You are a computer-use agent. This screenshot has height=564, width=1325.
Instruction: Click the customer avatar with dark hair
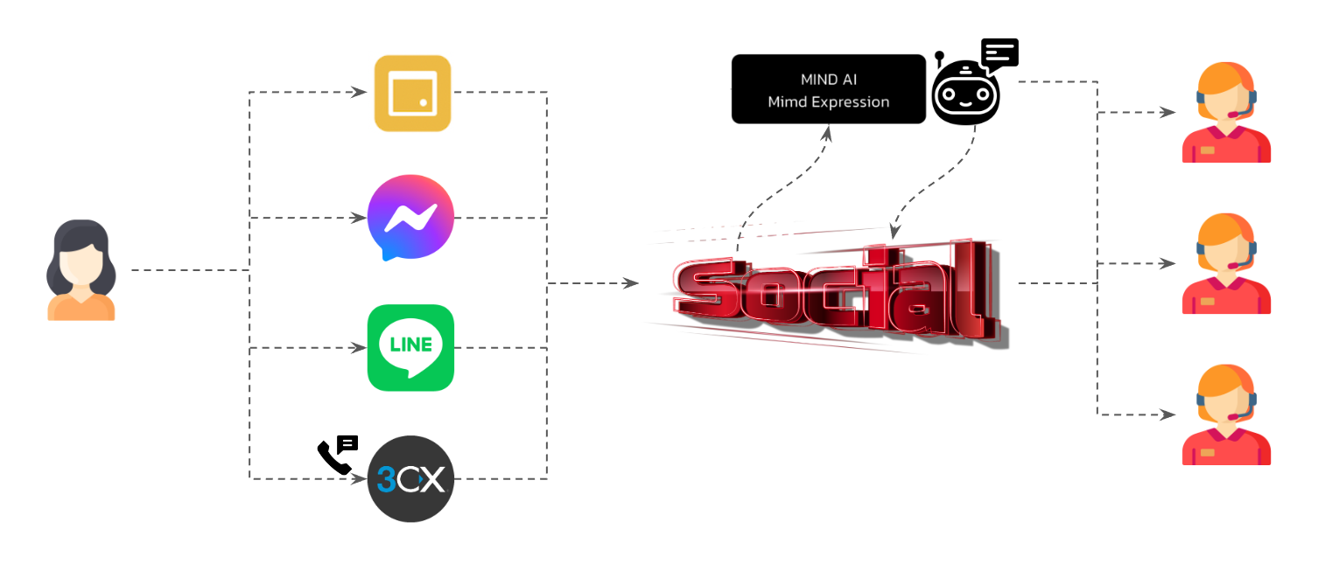click(x=81, y=270)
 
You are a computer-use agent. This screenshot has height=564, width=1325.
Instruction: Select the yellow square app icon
click(x=412, y=94)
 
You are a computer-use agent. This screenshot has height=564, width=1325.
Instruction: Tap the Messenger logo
click(x=410, y=218)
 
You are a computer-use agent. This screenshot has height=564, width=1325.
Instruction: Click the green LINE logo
click(x=410, y=347)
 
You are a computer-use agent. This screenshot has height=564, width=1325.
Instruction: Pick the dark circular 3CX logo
click(x=410, y=478)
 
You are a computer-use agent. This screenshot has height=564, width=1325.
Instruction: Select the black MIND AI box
click(x=828, y=89)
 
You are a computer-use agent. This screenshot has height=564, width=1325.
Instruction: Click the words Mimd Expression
click(x=828, y=102)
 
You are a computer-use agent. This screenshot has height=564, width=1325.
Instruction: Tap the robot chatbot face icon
click(x=964, y=94)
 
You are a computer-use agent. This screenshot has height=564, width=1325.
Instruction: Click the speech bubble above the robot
click(x=1000, y=55)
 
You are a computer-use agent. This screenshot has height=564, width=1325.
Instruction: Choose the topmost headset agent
click(x=1225, y=113)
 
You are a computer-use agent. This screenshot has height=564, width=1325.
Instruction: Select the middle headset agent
click(x=1225, y=263)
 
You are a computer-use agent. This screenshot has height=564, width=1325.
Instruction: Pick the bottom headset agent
click(x=1225, y=414)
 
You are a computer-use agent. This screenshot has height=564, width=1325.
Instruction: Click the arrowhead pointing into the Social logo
click(x=631, y=283)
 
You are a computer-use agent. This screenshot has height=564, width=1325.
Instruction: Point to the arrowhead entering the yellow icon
click(x=360, y=92)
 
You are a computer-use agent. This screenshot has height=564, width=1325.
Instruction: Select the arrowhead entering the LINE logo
click(x=360, y=347)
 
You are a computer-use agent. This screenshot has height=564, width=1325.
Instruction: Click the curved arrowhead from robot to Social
click(x=894, y=233)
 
